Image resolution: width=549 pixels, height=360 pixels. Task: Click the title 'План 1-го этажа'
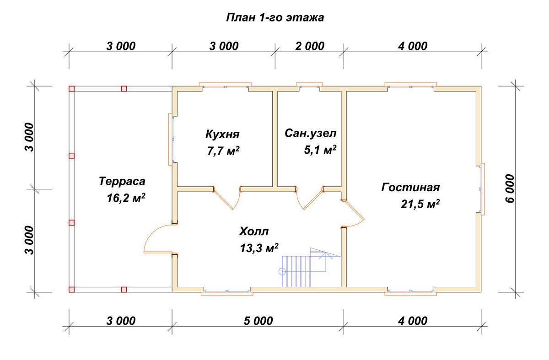pos(275,18)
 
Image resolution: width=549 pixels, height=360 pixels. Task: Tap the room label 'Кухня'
pos(223,134)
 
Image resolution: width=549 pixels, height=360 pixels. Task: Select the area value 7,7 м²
pos(223,151)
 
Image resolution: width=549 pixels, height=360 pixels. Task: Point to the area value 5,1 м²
pos(320,150)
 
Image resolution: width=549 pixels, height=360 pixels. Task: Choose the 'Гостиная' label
pos(410,188)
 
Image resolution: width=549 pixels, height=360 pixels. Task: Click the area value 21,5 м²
pos(420,204)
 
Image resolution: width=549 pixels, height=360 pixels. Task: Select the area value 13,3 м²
pos(259,247)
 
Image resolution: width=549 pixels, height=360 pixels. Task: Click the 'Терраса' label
pos(122,181)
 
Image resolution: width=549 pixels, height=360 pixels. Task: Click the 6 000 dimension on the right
pos(511,188)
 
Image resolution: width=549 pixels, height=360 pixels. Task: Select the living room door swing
pos(355,213)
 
